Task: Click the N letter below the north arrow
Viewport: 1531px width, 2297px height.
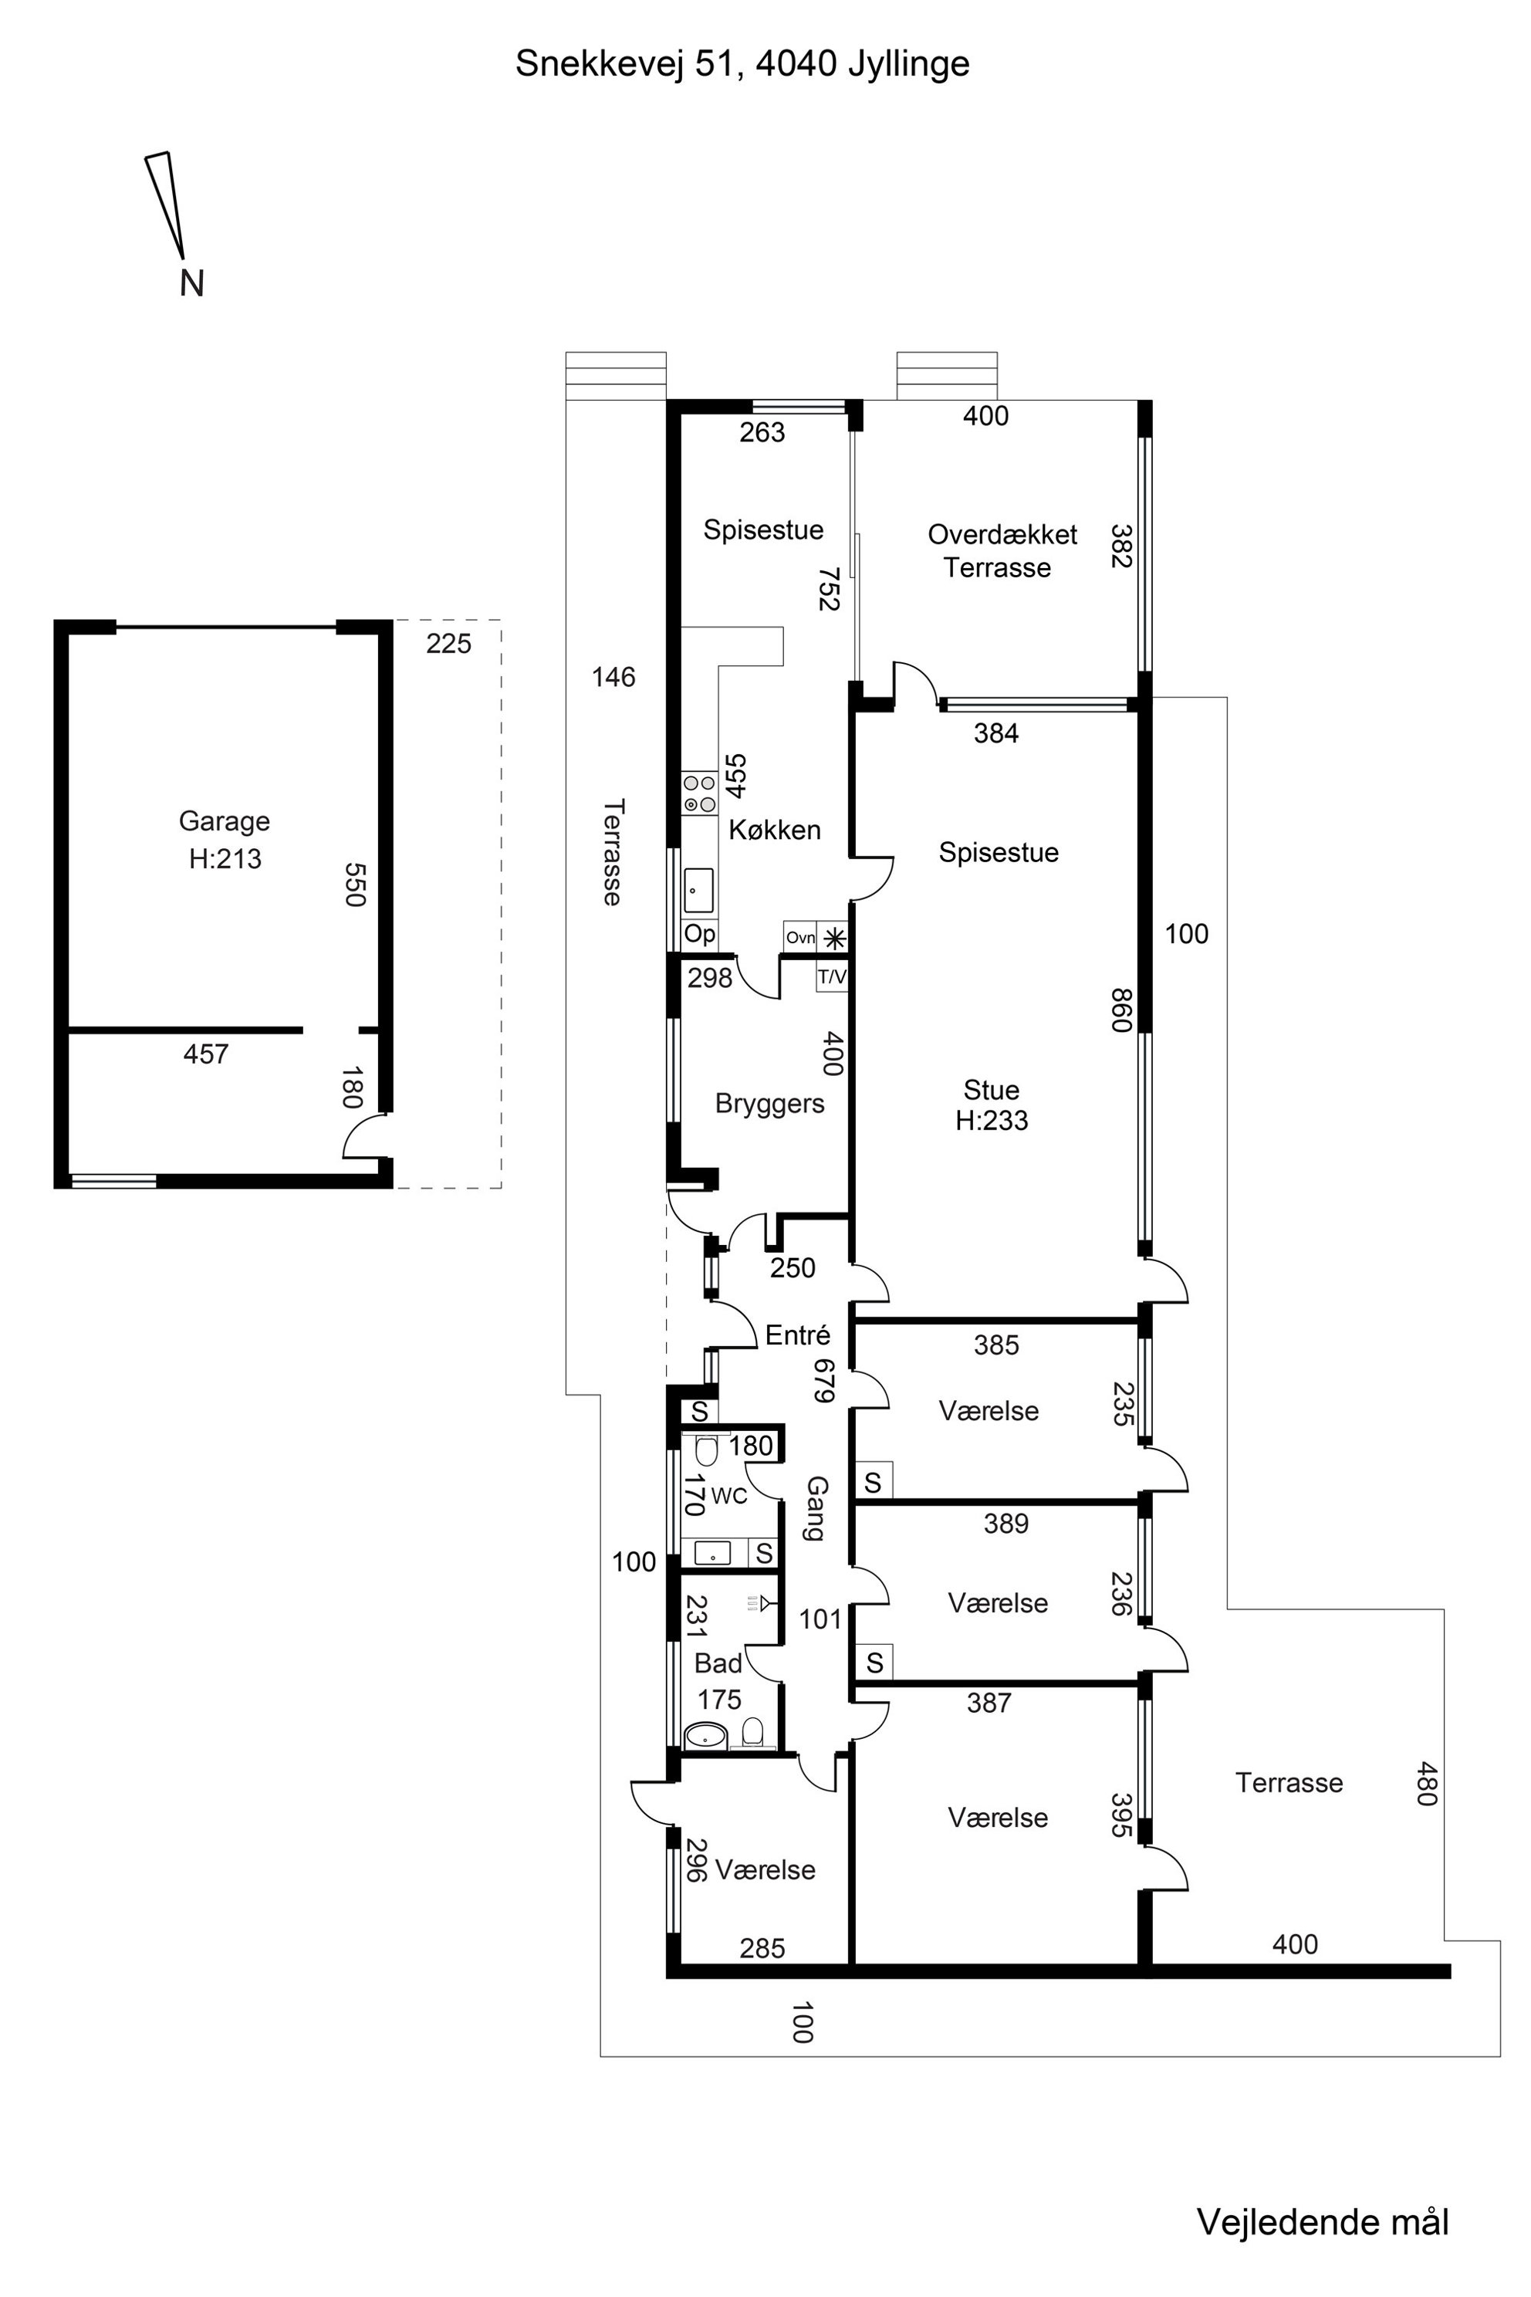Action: pyautogui.click(x=192, y=283)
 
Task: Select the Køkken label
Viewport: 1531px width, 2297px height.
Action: pyautogui.click(x=776, y=831)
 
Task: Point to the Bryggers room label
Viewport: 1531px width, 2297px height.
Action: pyautogui.click(x=769, y=1104)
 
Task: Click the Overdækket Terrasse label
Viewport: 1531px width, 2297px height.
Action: pyautogui.click(x=1002, y=551)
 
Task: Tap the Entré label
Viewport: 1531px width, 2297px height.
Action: pyautogui.click(x=798, y=1335)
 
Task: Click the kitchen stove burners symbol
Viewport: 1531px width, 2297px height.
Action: pyautogui.click(x=699, y=793)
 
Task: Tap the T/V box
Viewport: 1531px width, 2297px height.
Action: pyautogui.click(x=832, y=976)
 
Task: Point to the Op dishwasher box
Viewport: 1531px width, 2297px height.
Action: pyautogui.click(x=699, y=934)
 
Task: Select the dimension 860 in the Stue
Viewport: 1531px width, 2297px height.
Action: pyautogui.click(x=1121, y=1010)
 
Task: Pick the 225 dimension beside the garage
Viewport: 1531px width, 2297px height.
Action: pyautogui.click(x=448, y=644)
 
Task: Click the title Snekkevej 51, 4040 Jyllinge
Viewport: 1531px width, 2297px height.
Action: pyautogui.click(x=743, y=63)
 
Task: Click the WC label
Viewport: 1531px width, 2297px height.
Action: pyautogui.click(x=729, y=1495)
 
